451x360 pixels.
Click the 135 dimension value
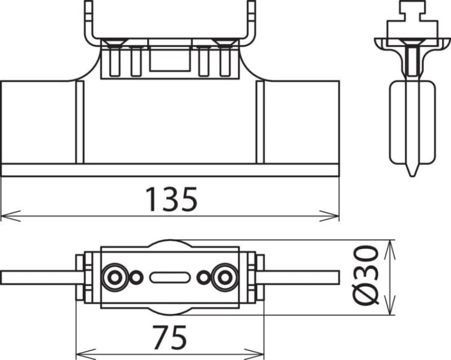[x=171, y=199]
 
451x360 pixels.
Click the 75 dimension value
[x=170, y=337]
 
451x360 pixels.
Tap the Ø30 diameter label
[x=366, y=275]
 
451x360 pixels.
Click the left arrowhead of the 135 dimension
[x=11, y=216]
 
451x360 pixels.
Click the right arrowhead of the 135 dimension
[x=329, y=216]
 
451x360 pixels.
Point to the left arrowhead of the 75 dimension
[x=86, y=354]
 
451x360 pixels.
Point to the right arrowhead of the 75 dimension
[x=254, y=354]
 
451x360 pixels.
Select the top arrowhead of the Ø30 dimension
[x=390, y=250]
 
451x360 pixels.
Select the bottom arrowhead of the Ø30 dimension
[x=390, y=305]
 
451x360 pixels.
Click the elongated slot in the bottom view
[x=170, y=278]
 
